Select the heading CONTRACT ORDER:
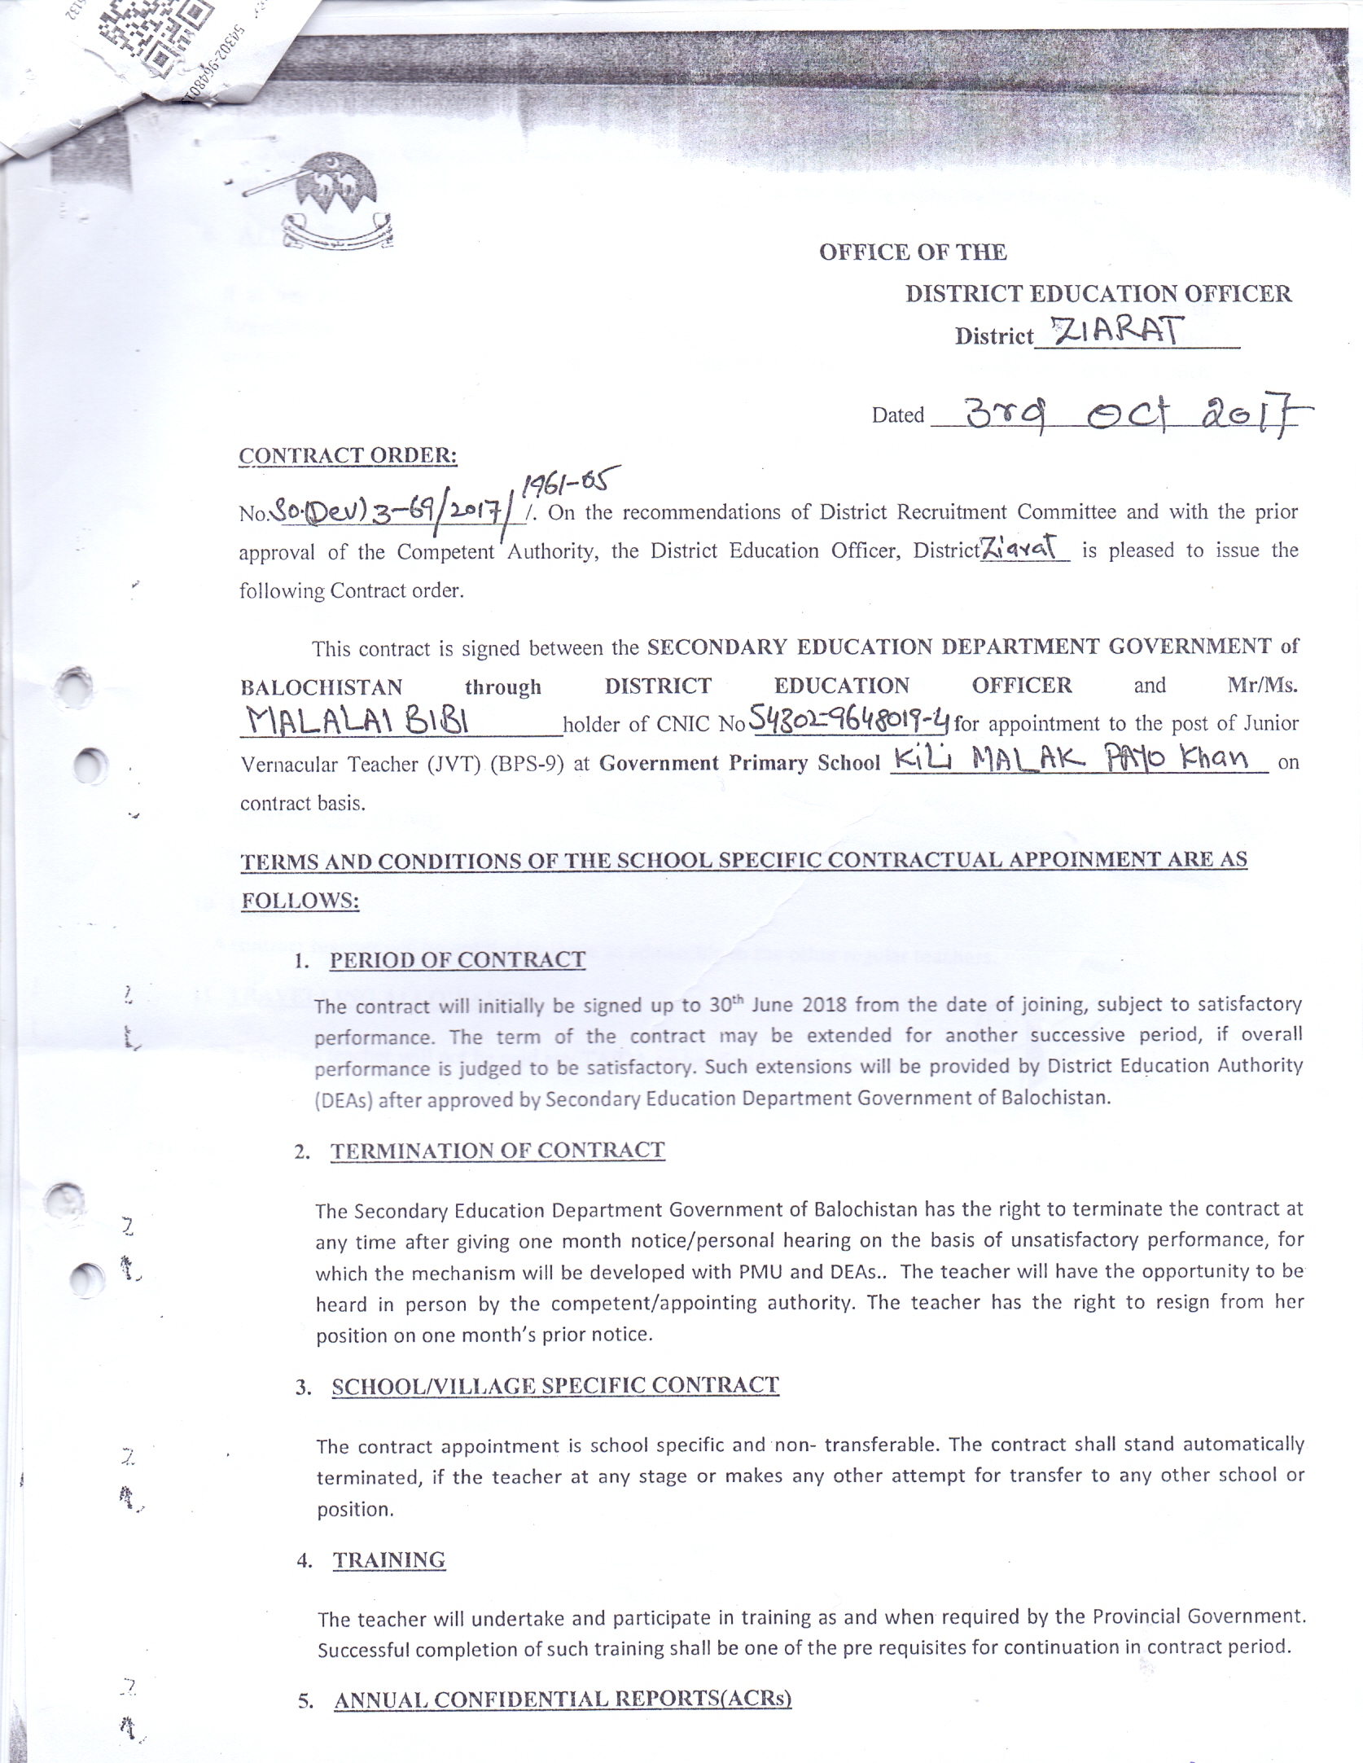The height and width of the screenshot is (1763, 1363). (x=348, y=455)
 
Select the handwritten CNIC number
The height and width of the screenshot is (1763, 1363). (x=848, y=718)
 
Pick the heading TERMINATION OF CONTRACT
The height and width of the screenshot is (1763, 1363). (x=497, y=1150)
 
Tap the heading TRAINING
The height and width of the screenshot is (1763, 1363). (x=389, y=1560)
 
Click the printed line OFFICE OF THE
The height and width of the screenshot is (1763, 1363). (x=913, y=252)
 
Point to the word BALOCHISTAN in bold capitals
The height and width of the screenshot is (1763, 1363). (x=321, y=687)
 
